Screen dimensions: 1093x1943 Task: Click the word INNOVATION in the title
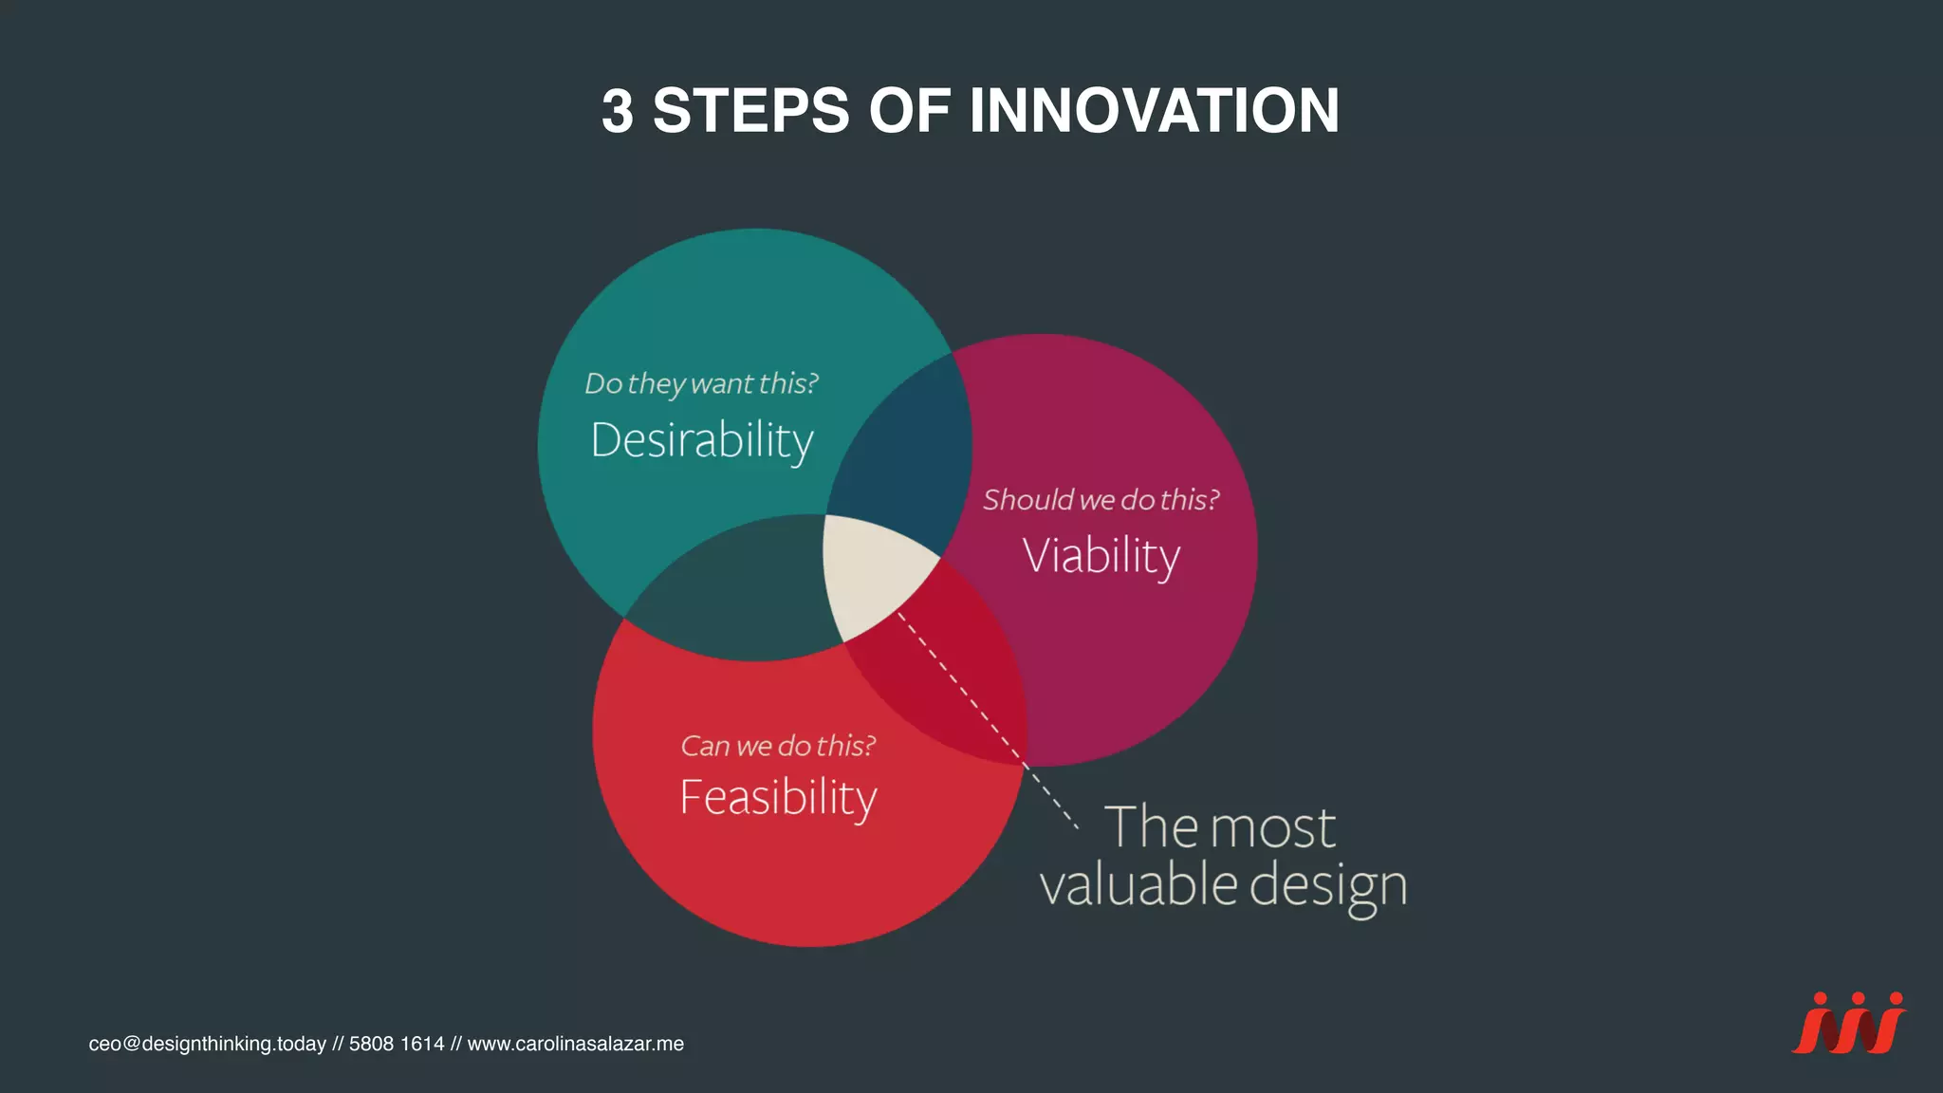(1154, 110)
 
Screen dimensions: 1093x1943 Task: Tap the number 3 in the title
(618, 111)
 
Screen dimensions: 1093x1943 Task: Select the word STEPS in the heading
(750, 110)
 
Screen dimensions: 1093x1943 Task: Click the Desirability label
(702, 440)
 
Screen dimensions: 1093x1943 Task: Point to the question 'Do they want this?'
(701, 383)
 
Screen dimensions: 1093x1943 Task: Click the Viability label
(1101, 555)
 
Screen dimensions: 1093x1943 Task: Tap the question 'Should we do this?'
(1101, 499)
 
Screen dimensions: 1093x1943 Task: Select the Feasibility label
(778, 797)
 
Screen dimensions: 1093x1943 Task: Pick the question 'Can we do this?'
(778, 746)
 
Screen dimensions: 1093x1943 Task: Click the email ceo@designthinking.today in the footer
(207, 1044)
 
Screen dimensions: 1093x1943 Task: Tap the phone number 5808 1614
(397, 1044)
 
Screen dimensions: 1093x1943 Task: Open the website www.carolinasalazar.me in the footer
(575, 1044)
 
